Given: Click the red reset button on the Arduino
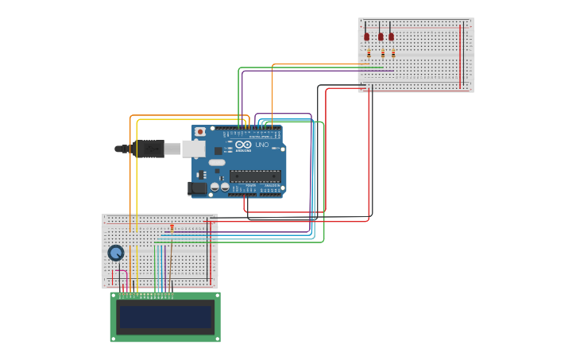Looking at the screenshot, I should (x=200, y=132).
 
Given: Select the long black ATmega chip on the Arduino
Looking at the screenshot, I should (x=255, y=176).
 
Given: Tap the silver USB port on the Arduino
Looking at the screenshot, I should (x=194, y=149).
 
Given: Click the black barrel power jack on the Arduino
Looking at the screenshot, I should (x=196, y=188).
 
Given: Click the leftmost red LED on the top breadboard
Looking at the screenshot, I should (x=366, y=37).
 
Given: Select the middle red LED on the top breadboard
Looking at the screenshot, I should (x=381, y=37).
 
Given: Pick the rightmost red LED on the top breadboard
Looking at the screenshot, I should (x=391, y=37).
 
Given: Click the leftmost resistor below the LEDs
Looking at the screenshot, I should (x=369, y=53).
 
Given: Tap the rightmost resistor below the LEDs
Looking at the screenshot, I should (x=392, y=53).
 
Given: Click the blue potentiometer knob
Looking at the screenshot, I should (x=116, y=253).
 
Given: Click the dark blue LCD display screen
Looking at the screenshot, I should (x=165, y=317).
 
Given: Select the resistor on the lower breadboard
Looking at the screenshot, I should (x=172, y=227).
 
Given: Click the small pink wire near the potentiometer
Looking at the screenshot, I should (x=121, y=273).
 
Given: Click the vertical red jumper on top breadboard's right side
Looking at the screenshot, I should (x=460, y=56).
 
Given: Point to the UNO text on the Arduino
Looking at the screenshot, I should (x=262, y=145).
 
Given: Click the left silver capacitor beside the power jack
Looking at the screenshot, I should (x=214, y=188).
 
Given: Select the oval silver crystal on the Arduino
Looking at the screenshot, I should (x=217, y=163).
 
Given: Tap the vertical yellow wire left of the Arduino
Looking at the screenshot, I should (x=137, y=183).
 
